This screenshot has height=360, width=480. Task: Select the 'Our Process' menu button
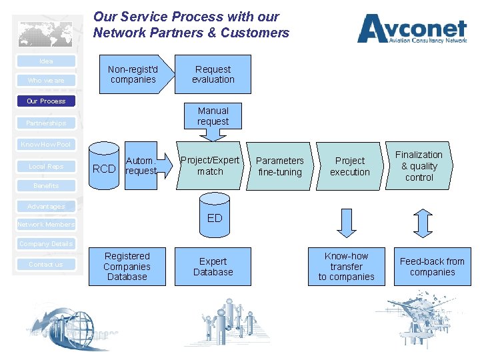click(46, 101)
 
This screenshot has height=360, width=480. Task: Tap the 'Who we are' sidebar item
click(46, 81)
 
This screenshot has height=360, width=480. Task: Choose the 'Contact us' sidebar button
click(46, 265)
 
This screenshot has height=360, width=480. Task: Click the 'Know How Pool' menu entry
click(46, 145)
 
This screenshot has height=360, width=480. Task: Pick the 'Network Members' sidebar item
click(46, 225)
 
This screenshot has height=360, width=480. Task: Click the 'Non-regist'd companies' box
click(133, 74)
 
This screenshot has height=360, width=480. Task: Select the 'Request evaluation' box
click(213, 74)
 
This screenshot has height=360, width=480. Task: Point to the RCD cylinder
click(104, 167)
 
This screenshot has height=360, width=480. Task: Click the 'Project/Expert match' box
click(210, 165)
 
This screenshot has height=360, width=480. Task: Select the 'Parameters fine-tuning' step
click(279, 166)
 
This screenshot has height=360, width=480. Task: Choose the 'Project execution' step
click(349, 166)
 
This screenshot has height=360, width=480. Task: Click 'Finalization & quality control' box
click(419, 166)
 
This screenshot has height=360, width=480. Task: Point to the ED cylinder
click(215, 215)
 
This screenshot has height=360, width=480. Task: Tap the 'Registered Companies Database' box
click(127, 267)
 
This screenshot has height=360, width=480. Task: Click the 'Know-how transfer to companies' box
click(346, 267)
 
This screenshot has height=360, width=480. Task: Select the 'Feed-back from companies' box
click(432, 267)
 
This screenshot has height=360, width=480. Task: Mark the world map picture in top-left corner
click(45, 33)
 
